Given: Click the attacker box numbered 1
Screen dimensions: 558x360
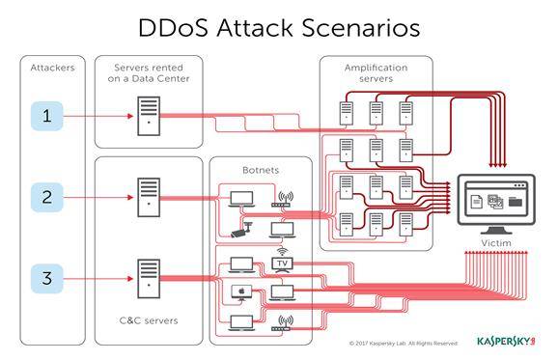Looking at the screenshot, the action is [47, 116].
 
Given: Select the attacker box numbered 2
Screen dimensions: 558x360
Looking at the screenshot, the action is [47, 197].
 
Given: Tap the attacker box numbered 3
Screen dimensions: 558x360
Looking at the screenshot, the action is [47, 279].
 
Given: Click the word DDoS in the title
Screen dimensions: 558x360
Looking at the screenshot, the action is [173, 28].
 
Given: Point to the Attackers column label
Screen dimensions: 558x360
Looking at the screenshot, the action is [53, 68].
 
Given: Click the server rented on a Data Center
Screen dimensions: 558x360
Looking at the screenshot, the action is [149, 116].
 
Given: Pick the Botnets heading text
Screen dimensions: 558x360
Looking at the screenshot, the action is [261, 170].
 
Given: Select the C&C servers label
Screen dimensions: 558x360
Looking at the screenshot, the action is [149, 320].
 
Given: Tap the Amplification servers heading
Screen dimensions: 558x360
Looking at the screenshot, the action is [377, 73].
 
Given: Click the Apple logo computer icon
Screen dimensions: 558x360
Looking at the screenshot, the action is [241, 292].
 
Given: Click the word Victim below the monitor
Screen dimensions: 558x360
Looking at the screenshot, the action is [496, 243].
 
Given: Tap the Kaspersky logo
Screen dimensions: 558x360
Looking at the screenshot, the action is [506, 341].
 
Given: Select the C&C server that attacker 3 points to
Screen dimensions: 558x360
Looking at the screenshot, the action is [149, 279].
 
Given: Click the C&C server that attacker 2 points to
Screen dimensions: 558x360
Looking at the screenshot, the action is [149, 197].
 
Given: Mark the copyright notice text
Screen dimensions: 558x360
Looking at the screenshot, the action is [404, 344].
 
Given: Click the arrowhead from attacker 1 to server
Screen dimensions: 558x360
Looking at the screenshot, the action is [130, 116].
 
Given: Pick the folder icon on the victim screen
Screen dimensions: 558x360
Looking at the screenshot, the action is [516, 202].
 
